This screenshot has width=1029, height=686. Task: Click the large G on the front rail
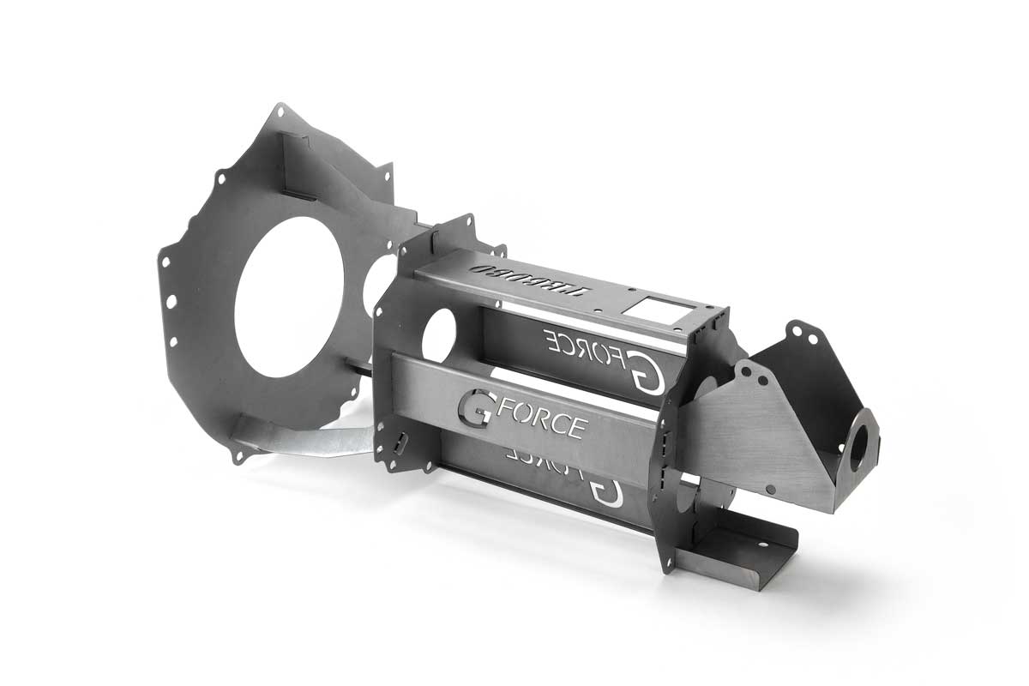(477, 409)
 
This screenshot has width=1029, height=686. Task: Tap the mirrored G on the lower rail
(606, 490)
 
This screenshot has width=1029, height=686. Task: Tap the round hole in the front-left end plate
(438, 333)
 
